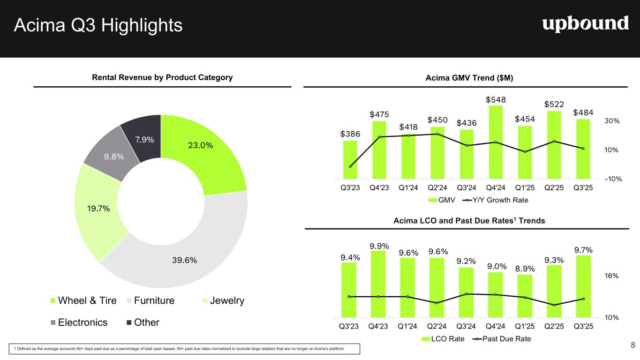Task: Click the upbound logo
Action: (x=586, y=23)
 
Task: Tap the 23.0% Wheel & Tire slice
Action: (x=206, y=150)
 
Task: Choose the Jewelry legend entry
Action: (x=223, y=300)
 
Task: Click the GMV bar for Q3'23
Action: (x=350, y=159)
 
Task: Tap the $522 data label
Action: (x=554, y=104)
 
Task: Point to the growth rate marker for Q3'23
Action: (x=350, y=167)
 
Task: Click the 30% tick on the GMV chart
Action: (x=611, y=121)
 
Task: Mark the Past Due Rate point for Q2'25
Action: (x=554, y=305)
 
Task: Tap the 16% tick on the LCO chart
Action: (x=611, y=276)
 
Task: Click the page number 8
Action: (x=632, y=346)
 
